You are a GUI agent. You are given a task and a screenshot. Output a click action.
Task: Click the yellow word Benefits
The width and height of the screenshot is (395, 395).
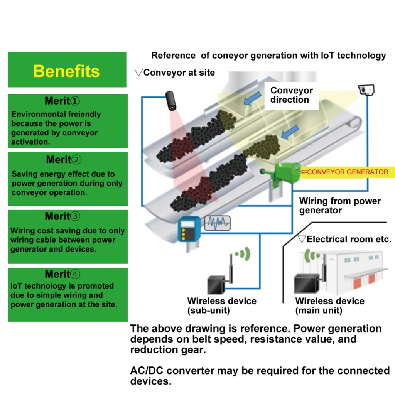(x=66, y=71)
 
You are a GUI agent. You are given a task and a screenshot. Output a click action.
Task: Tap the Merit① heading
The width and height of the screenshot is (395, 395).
(x=62, y=101)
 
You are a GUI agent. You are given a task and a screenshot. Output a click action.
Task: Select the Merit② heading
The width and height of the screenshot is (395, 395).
(x=64, y=159)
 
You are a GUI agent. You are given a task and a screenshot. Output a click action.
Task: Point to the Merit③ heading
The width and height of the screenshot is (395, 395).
(x=62, y=216)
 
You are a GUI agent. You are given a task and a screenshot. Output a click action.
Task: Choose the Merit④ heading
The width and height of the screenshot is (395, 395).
(x=62, y=274)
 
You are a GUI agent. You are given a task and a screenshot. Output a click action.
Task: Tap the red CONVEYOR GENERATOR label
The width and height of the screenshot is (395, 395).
(x=344, y=172)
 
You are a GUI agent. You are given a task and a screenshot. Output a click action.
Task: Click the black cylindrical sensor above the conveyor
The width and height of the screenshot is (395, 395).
(x=170, y=101)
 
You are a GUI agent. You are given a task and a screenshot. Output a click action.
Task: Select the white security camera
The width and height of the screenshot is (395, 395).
(x=366, y=90)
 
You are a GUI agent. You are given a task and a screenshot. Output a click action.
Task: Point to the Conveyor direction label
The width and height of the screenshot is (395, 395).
(x=292, y=95)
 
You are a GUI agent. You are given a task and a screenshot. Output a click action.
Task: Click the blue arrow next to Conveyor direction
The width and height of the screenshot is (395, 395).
(x=252, y=98)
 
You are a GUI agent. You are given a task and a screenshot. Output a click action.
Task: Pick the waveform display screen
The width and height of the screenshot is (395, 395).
(x=217, y=223)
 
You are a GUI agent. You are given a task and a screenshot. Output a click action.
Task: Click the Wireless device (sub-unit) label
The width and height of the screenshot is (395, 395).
(x=222, y=306)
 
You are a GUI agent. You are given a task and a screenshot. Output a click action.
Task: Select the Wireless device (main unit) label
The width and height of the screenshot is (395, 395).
(x=330, y=306)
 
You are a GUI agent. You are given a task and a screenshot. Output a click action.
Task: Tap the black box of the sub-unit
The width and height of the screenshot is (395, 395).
(x=216, y=285)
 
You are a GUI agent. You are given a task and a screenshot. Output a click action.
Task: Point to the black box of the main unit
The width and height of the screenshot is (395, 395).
(x=306, y=284)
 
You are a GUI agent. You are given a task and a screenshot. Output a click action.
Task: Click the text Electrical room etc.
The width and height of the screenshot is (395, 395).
(x=349, y=239)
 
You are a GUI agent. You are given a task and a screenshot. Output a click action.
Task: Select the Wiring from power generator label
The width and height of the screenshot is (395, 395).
(x=340, y=206)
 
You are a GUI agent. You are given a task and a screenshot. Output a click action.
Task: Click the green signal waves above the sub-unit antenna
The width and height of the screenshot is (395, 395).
(x=243, y=254)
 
